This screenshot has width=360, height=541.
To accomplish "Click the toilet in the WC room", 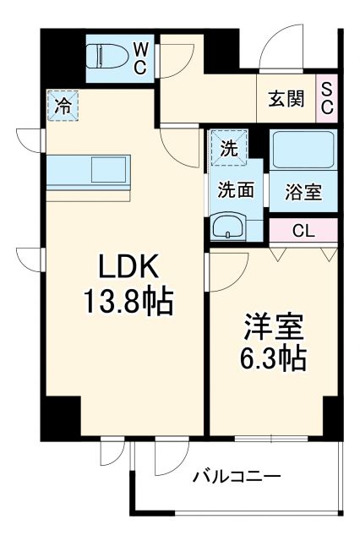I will pos(107,57).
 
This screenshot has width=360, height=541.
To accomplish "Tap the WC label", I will pos(140,56).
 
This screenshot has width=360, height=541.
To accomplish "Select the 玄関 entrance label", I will pos(285,97).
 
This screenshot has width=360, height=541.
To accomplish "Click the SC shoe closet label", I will pos(326,97).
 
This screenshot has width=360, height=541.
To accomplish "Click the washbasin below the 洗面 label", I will pos(228,226).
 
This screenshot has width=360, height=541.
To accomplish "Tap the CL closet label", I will pos(303,231).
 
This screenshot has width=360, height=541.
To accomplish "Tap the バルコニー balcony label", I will pos(236,476).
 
